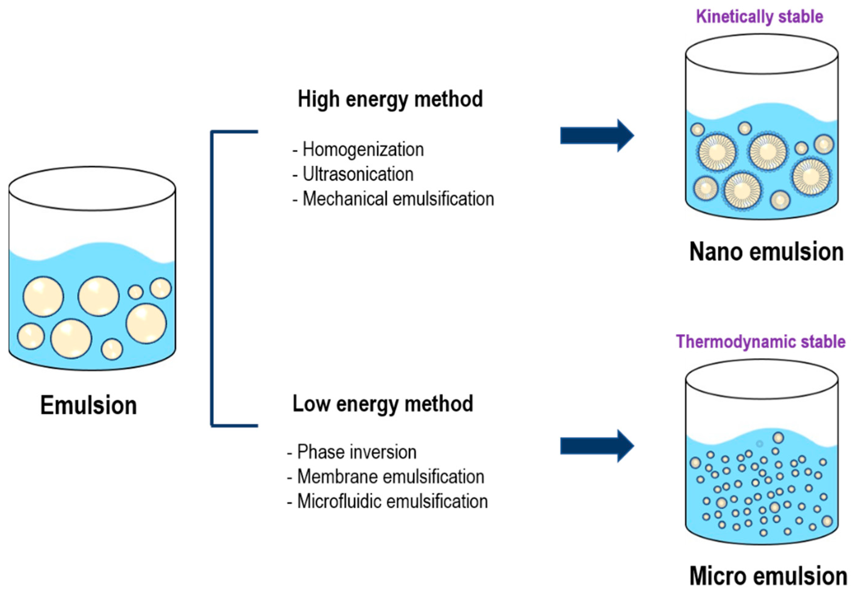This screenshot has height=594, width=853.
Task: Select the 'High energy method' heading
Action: pos(390,99)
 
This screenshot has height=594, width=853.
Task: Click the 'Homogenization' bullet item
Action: pos(363,149)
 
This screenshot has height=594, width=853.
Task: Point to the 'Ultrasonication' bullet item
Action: pos(357,174)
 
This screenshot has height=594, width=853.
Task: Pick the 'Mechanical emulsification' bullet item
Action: pos(398,199)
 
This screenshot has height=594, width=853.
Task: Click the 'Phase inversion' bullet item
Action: pos(356,452)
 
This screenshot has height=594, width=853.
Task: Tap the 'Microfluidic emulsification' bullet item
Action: pos(392,501)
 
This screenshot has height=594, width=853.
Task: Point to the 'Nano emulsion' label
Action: pos(766,252)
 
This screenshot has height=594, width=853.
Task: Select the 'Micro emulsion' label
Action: pos(768,576)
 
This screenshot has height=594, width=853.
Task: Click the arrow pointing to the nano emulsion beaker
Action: pos(596,136)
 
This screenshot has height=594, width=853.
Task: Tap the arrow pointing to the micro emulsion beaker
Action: pos(596,446)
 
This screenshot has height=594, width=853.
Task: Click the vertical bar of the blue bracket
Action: pos(212,279)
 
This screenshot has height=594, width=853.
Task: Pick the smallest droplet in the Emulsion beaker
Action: pos(136,292)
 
